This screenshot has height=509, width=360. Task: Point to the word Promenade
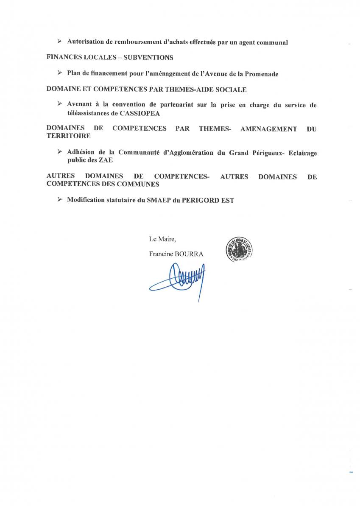[x=260, y=74]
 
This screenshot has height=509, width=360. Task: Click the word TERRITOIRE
[x=68, y=136]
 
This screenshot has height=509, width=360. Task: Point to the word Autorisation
[x=87, y=42]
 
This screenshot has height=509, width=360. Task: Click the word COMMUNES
[x=138, y=184]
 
